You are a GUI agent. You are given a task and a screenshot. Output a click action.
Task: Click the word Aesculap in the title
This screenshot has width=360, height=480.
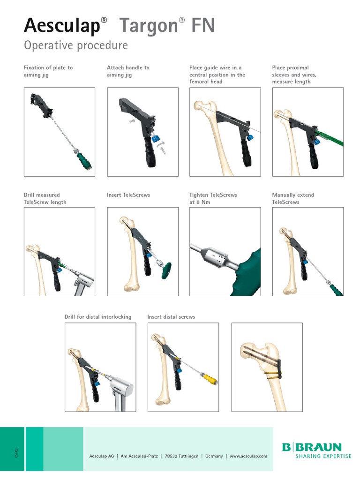point(62,25)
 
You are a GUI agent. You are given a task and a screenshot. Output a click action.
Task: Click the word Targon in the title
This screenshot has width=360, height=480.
point(149,25)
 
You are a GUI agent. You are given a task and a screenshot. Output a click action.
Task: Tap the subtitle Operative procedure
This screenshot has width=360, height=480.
point(75,45)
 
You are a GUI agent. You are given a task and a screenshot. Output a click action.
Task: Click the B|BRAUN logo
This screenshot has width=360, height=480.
point(312,448)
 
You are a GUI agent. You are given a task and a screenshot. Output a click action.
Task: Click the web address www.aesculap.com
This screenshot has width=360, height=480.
point(248,456)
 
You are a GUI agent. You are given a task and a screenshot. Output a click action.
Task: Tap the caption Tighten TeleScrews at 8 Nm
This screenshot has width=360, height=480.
point(213,198)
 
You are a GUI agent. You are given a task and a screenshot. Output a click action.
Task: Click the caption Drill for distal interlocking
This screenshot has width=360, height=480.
point(98,317)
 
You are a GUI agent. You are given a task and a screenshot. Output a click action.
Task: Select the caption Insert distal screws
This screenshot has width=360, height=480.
point(171,317)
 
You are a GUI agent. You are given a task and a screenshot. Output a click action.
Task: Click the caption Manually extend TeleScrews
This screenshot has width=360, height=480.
point(293,198)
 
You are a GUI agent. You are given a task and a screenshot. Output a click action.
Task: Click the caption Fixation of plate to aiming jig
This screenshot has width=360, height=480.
point(48,71)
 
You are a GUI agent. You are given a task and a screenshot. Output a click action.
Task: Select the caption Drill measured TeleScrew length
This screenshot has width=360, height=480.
point(45,198)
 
